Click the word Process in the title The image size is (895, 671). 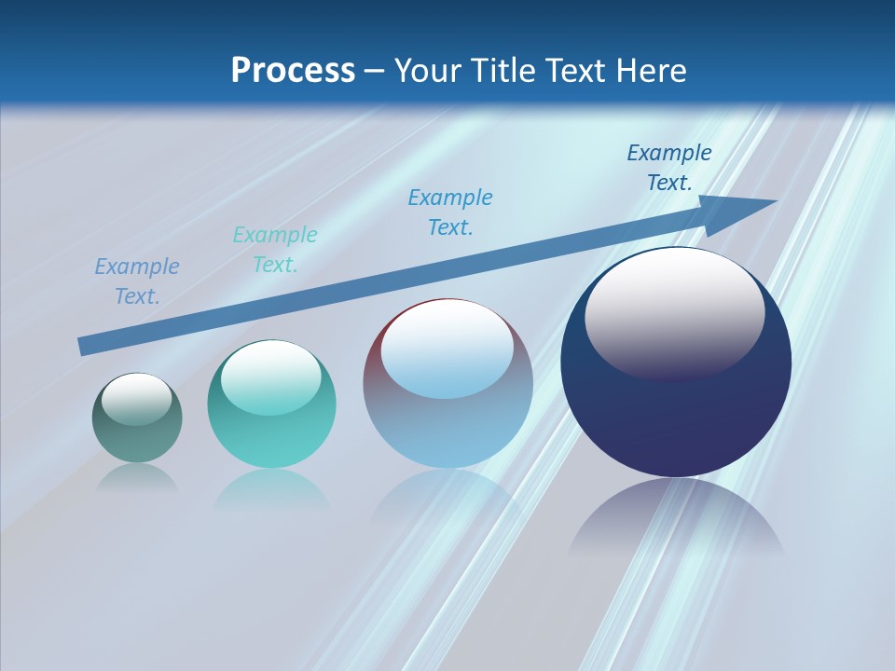coord(293,71)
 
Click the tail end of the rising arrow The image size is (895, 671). coord(84,346)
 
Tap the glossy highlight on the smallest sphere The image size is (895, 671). coord(137,399)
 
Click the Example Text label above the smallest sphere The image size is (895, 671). coord(137,281)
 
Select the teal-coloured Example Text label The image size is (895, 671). coord(275,250)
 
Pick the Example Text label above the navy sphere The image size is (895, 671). coord(669,168)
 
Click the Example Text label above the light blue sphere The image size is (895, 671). coord(450,212)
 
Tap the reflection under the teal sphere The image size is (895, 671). coord(271,488)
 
